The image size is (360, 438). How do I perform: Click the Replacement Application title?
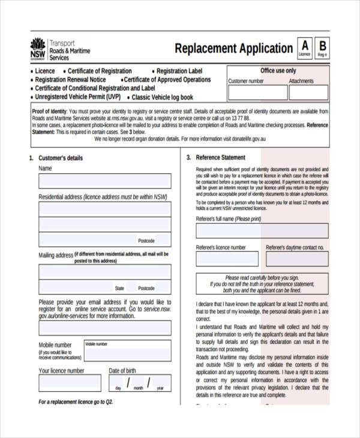tap(233, 49)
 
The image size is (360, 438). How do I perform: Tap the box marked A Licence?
tap(304, 47)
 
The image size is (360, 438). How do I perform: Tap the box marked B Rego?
tap(322, 47)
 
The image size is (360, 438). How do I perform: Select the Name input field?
tap(104, 181)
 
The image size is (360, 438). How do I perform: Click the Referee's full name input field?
tap(262, 231)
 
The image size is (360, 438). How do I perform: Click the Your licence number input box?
tap(70, 383)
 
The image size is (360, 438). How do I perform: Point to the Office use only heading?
tap(278, 71)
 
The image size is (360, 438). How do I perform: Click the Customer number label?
tap(246, 81)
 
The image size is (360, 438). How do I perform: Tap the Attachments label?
tap(301, 81)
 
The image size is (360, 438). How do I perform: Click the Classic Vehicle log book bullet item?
tap(162, 97)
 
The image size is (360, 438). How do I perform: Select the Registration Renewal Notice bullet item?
tap(70, 80)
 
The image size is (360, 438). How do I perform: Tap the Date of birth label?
tap(122, 371)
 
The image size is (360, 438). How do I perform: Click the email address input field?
tap(104, 328)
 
